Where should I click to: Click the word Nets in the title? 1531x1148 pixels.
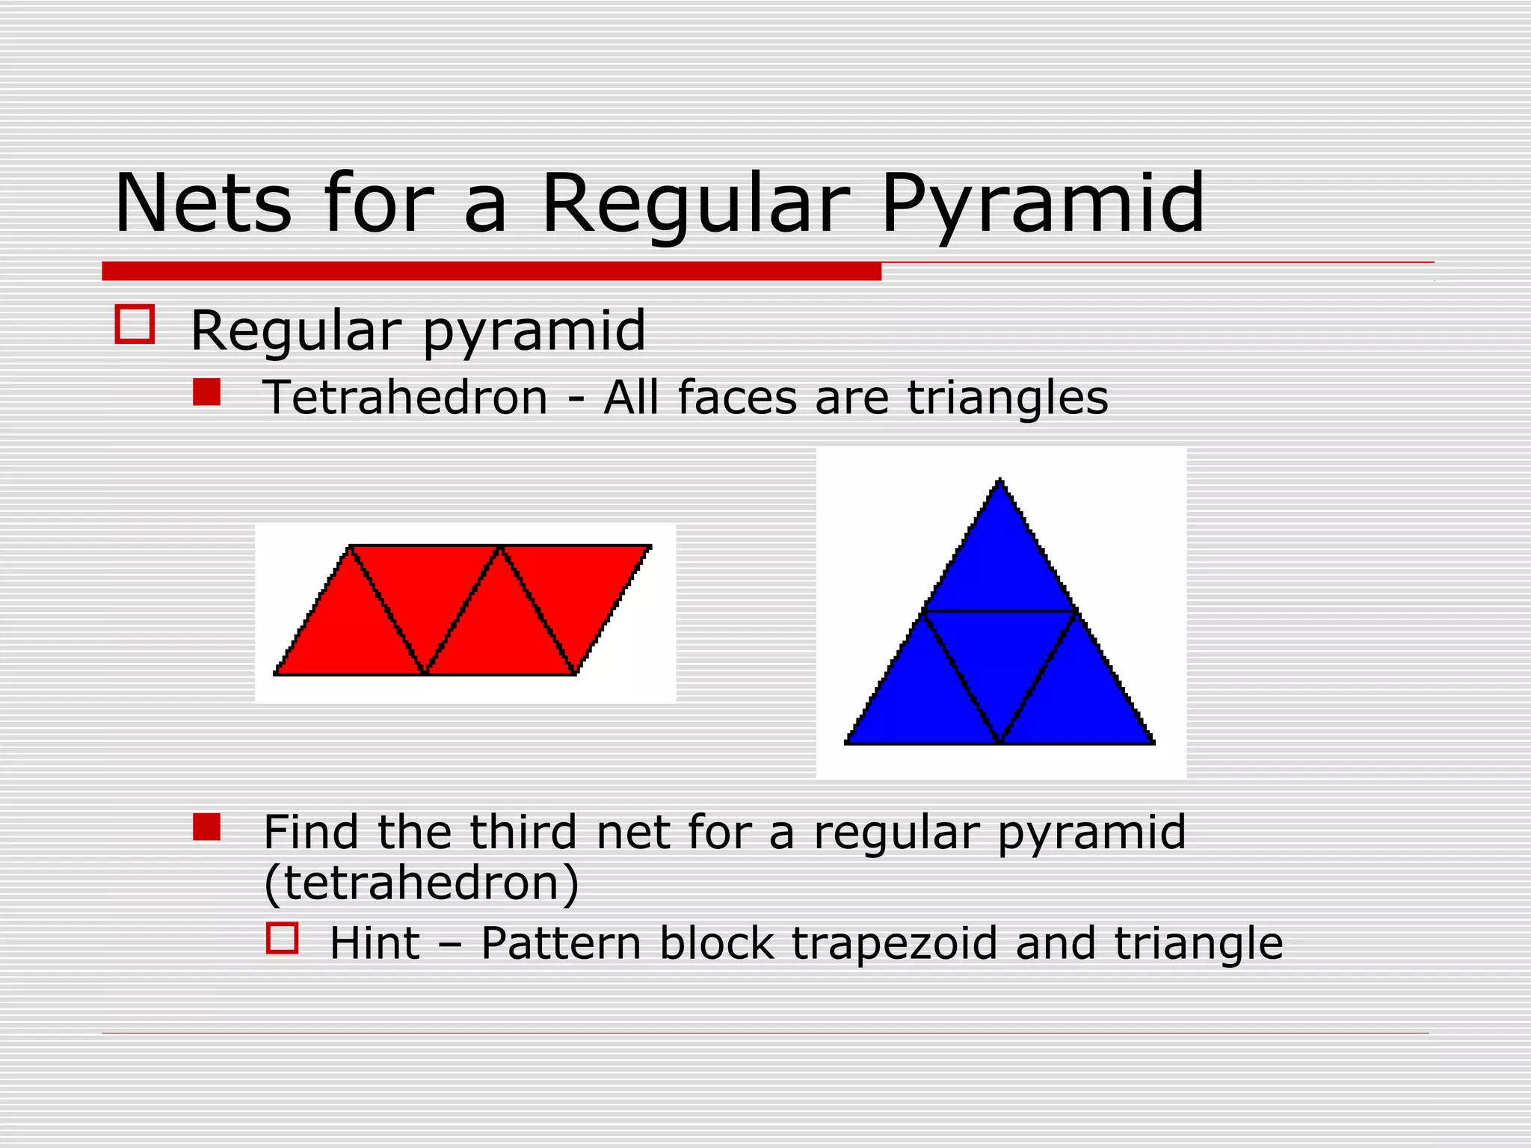click(203, 204)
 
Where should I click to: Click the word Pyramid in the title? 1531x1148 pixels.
click(1043, 204)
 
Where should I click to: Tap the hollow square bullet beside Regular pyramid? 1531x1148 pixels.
click(135, 324)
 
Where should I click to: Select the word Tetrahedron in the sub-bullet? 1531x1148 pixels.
click(406, 397)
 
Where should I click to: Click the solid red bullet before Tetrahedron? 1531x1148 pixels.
click(206, 392)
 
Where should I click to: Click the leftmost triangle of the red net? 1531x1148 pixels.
click(350, 632)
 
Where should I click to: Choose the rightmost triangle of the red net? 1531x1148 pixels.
click(576, 590)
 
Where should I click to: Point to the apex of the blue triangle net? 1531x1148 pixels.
click(1000, 481)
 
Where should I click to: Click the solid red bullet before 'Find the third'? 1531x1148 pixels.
click(206, 827)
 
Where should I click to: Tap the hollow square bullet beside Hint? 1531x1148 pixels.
click(283, 938)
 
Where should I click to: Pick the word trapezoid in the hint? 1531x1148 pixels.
click(894, 943)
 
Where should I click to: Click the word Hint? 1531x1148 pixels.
click(375, 943)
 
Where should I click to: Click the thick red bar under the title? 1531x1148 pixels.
click(491, 271)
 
